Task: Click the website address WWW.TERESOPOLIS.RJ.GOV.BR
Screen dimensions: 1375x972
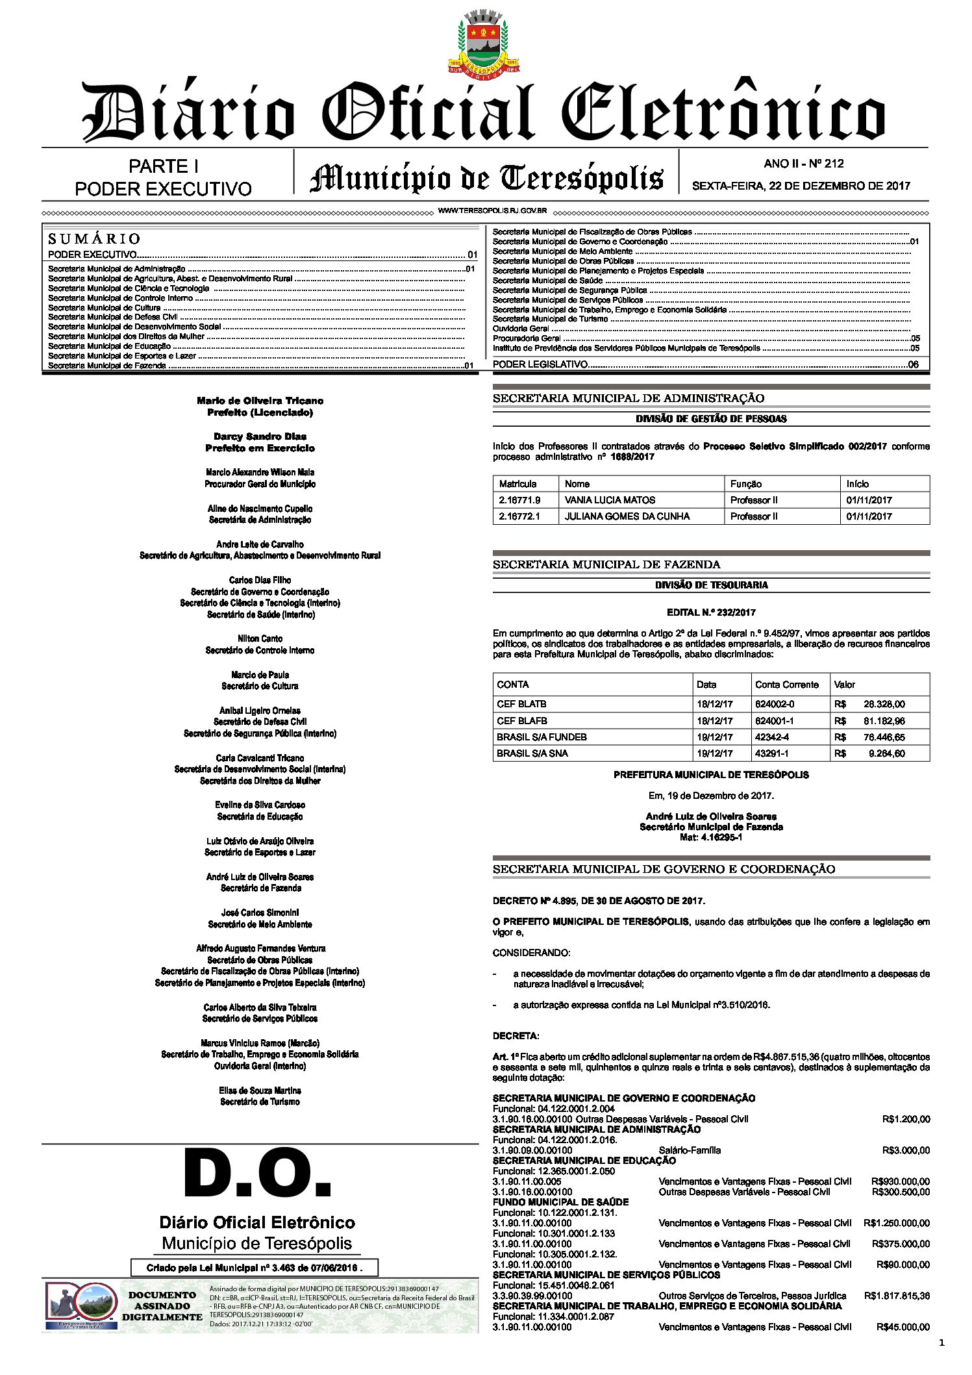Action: pyautogui.click(x=492, y=211)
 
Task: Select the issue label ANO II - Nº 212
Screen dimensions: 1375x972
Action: pyautogui.click(x=803, y=164)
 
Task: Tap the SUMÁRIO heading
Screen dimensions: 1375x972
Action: pyautogui.click(x=94, y=239)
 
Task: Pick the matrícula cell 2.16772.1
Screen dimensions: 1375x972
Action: pyautogui.click(x=519, y=516)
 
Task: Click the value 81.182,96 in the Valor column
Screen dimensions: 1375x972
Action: pyautogui.click(x=884, y=721)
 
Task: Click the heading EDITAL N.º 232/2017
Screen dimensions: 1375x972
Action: pyautogui.click(x=711, y=612)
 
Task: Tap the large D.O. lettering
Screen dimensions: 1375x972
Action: pyautogui.click(x=258, y=1176)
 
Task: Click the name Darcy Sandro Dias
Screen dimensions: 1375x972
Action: pyautogui.click(x=260, y=436)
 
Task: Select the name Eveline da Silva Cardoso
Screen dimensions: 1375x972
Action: pyautogui.click(x=260, y=805)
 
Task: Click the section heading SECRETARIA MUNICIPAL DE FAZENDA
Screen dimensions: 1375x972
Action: pyautogui.click(x=606, y=564)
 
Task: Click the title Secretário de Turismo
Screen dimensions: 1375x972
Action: pyautogui.click(x=260, y=1102)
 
